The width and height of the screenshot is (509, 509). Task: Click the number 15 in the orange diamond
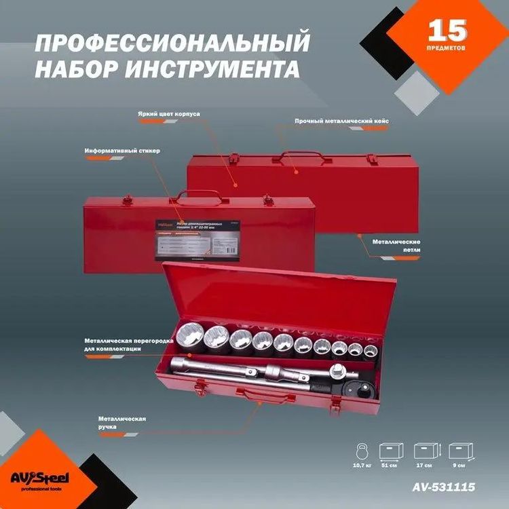pyautogui.click(x=447, y=31)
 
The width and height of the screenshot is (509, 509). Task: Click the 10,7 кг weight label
pyautogui.click(x=362, y=466)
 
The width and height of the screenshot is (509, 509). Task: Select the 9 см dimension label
pyautogui.click(x=461, y=466)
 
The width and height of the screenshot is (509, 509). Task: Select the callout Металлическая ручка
pyautogui.click(x=122, y=423)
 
